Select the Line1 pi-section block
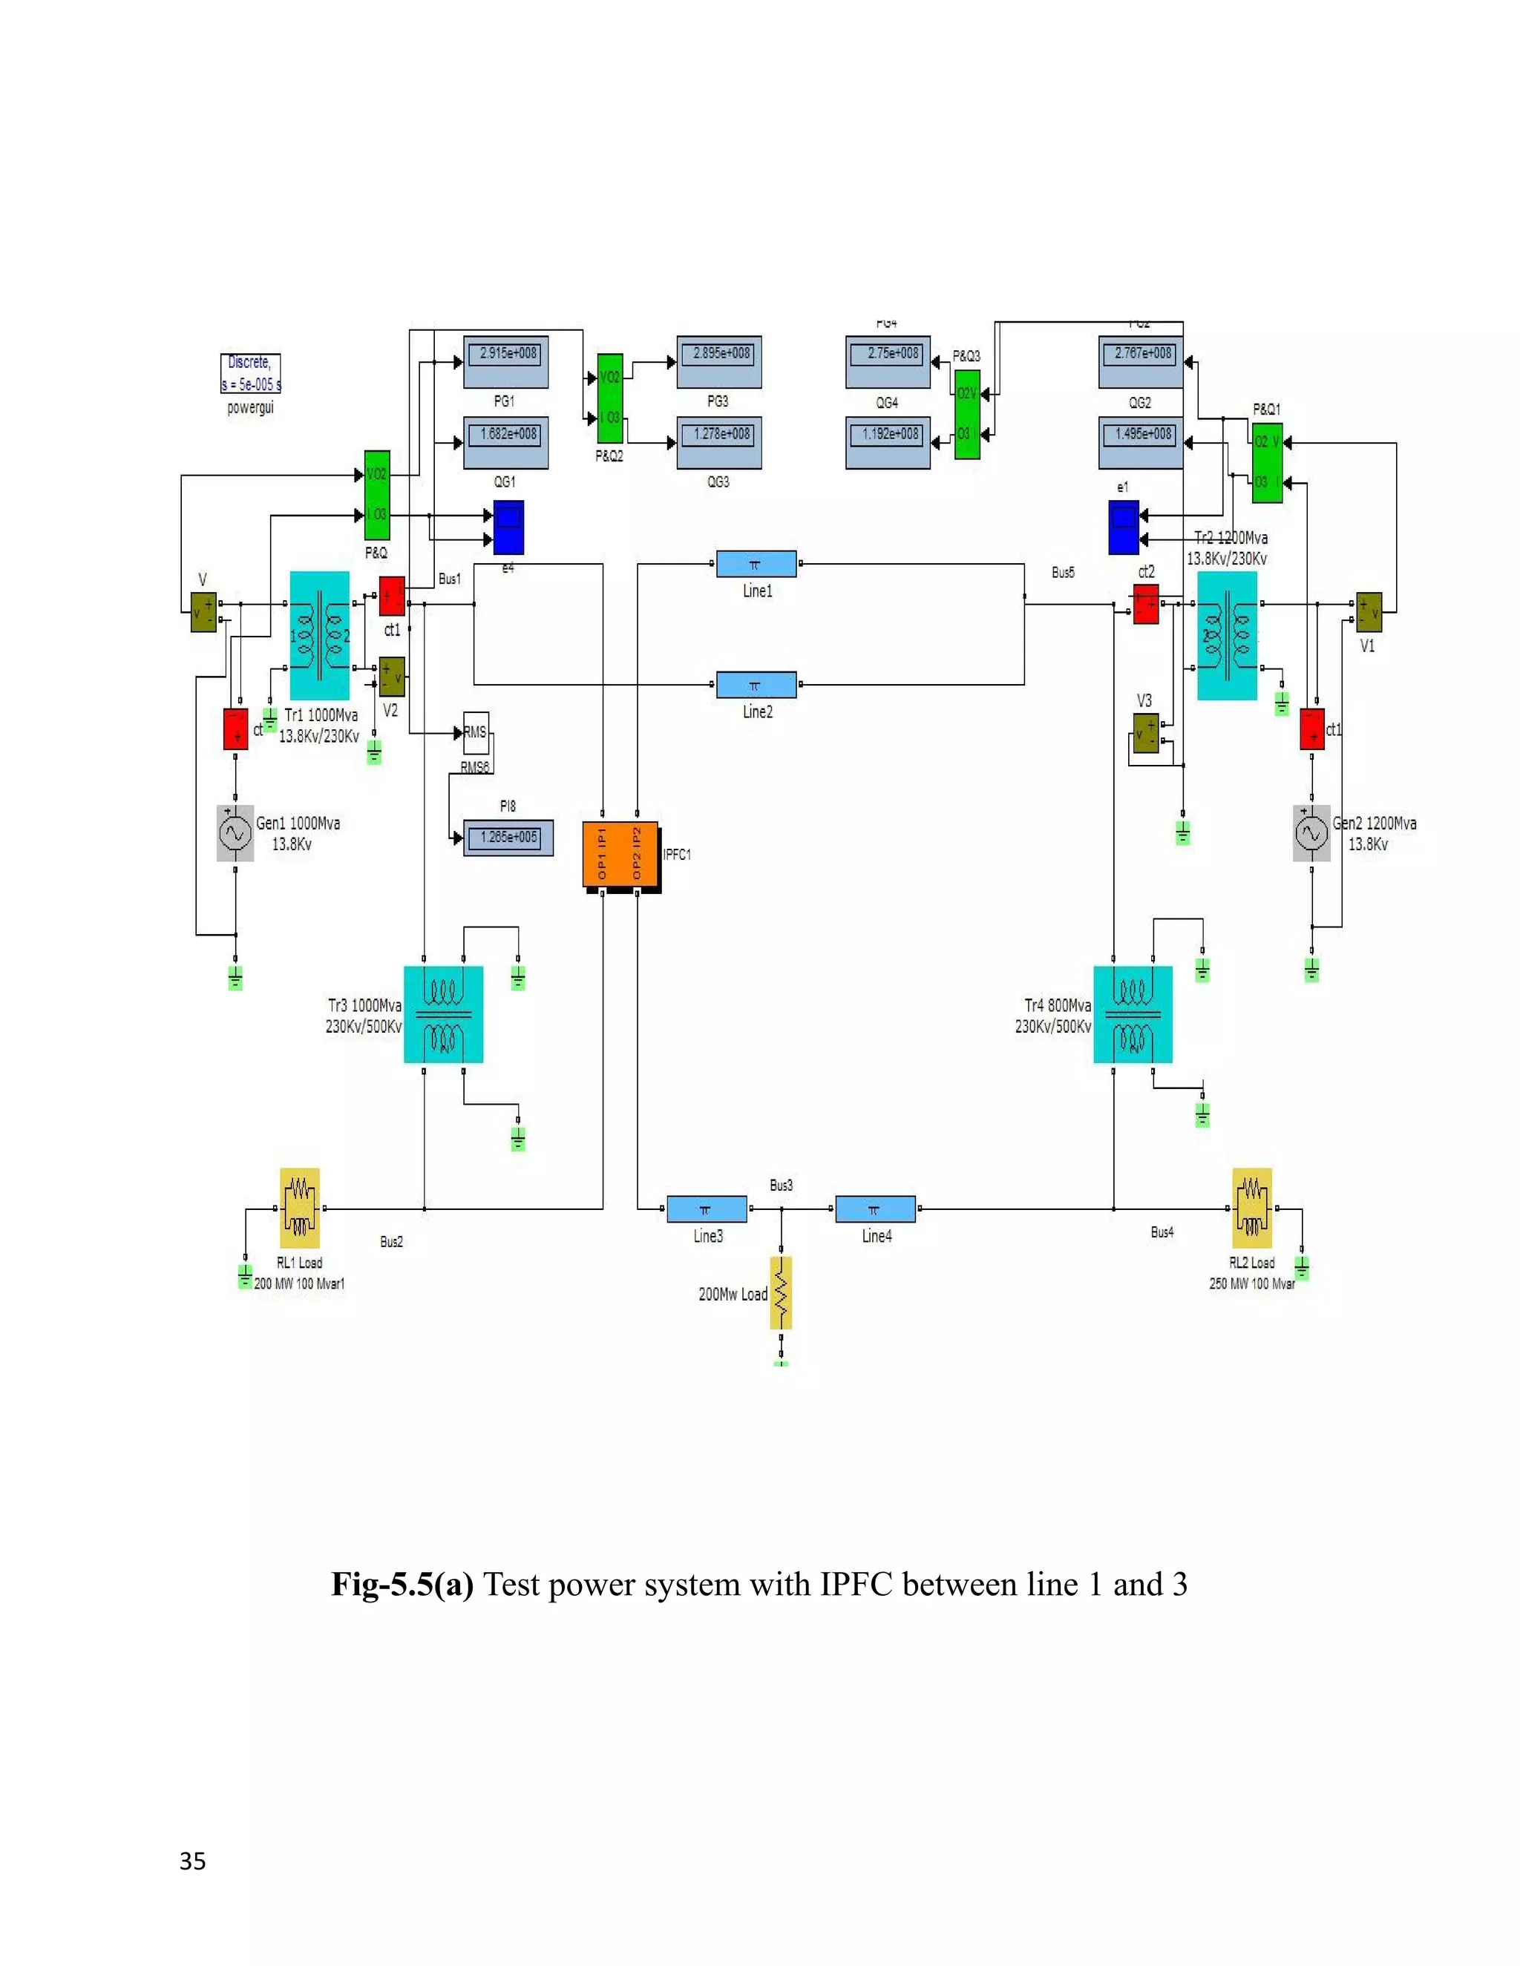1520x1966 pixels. click(x=756, y=565)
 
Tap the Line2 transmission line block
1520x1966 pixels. click(x=756, y=685)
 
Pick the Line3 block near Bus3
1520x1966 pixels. click(x=706, y=1209)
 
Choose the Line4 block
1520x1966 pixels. click(x=874, y=1209)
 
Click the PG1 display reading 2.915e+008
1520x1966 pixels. click(x=506, y=361)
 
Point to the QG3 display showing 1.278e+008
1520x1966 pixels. click(x=718, y=442)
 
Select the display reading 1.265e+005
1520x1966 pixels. click(x=508, y=837)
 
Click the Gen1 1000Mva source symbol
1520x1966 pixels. click(x=235, y=834)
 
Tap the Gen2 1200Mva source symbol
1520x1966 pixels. click(x=1311, y=834)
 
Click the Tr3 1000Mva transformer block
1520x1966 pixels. click(x=443, y=1014)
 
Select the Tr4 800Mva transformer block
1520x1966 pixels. click(x=1133, y=1014)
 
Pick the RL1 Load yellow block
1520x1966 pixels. click(x=300, y=1208)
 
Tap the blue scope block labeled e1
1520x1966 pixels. click(x=1124, y=527)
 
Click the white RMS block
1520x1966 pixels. click(x=476, y=733)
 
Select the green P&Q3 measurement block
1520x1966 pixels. click(x=967, y=414)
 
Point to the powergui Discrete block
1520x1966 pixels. click(x=250, y=374)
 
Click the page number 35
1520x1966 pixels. click(x=193, y=1861)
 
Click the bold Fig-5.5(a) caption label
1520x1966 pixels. click(x=402, y=1585)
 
